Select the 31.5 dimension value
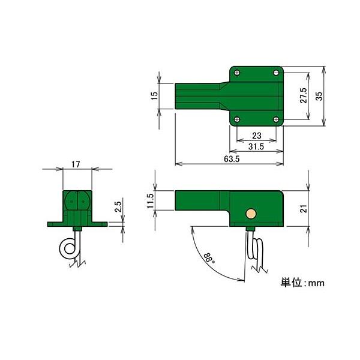pos(256,146)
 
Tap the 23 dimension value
pos(257,136)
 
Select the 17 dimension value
pos(77,164)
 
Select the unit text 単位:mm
pos(302,281)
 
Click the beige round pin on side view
pos(250,213)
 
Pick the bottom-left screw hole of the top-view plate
pos(238,119)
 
